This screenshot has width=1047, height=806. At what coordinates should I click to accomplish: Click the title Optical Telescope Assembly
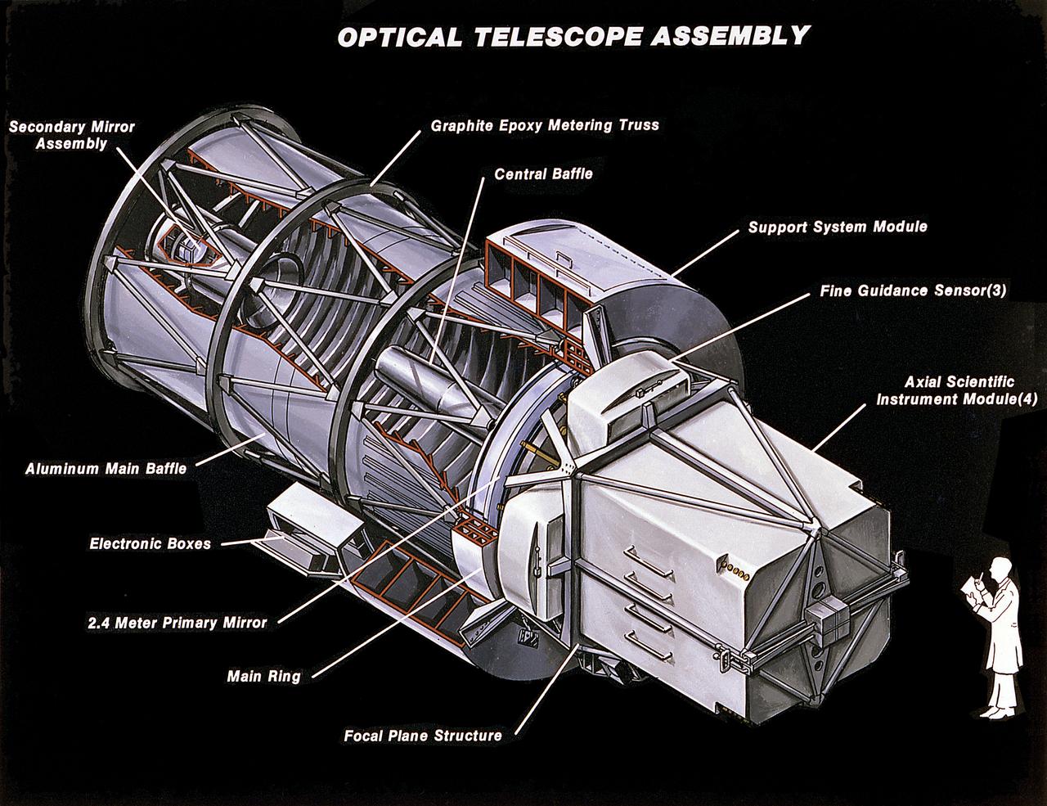573,37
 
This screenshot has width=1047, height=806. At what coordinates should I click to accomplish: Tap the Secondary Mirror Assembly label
72,136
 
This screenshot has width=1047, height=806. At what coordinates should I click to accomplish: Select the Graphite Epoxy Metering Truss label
545,126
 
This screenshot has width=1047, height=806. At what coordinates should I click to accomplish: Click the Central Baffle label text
543,174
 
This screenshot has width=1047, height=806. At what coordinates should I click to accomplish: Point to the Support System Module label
838,227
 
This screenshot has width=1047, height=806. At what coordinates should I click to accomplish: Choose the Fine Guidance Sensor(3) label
913,291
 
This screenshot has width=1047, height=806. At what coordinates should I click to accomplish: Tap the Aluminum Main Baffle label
106,469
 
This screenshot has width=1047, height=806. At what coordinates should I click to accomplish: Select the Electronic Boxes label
151,543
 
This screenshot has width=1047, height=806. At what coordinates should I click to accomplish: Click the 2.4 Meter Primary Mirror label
177,623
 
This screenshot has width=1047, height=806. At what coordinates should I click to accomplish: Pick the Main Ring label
263,677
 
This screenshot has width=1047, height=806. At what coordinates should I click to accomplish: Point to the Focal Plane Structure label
422,735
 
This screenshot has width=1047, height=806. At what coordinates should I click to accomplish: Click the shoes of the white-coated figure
996,710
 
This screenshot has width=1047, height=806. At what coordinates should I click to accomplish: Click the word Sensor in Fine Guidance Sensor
959,291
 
